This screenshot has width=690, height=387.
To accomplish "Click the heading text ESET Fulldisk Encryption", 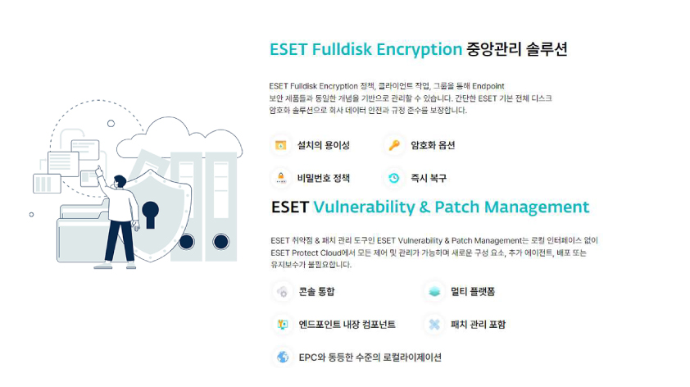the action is click(365, 49).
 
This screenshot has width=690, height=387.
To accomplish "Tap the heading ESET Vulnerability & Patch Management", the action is click(430, 207).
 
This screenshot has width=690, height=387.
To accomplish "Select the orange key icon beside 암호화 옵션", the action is click(394, 145).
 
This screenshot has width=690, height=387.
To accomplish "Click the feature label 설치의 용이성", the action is click(324, 145).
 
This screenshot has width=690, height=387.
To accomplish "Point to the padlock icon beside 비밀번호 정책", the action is click(281, 178).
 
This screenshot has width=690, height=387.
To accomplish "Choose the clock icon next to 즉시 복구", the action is click(394, 178).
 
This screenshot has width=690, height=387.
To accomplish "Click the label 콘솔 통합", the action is click(317, 291).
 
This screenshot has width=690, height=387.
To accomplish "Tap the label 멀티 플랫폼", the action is click(473, 291).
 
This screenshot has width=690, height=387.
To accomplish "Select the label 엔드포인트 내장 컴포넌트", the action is click(347, 325).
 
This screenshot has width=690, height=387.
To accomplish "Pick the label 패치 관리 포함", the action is click(479, 325).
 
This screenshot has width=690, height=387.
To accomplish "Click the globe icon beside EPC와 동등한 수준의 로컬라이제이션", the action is click(283, 357).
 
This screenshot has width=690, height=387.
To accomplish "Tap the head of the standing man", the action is click(120, 181).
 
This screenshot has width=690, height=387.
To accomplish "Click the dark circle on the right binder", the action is click(220, 242).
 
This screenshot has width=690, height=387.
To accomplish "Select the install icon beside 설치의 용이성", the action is click(281, 145).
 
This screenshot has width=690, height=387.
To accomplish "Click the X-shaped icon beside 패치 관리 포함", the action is click(434, 325).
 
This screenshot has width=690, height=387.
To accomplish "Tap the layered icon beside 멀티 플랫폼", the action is click(434, 291).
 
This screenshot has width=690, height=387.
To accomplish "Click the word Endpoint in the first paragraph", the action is click(488, 86).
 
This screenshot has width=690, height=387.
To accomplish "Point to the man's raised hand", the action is click(99, 171).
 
